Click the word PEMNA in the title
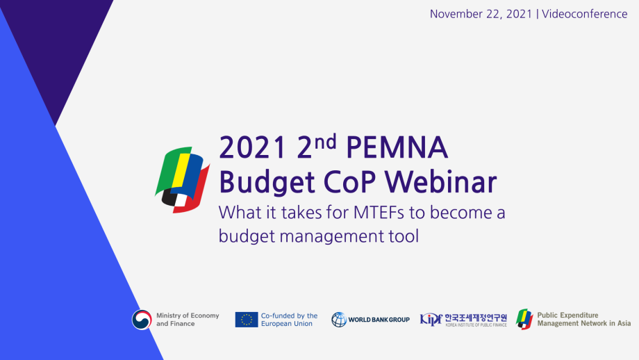(x=397, y=147)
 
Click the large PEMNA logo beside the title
(x=182, y=177)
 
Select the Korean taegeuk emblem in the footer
(x=142, y=320)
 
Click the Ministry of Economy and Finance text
(x=188, y=320)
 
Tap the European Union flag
(x=246, y=320)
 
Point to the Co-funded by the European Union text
(x=289, y=320)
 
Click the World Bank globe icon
(x=339, y=320)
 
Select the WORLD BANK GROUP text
(x=379, y=320)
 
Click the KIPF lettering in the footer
(x=431, y=319)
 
